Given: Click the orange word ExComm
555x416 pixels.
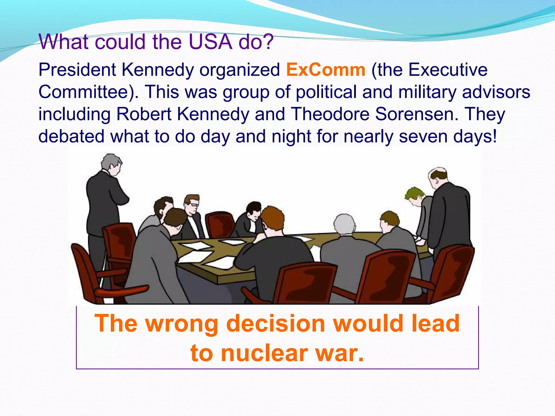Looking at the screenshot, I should click(326, 70).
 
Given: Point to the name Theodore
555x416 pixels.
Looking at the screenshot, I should click(330, 114).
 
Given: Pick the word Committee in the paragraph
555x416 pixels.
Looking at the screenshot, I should click(87, 92).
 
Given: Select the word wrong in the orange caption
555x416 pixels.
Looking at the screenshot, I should click(182, 324).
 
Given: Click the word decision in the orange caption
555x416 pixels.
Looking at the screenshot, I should click(276, 323).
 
